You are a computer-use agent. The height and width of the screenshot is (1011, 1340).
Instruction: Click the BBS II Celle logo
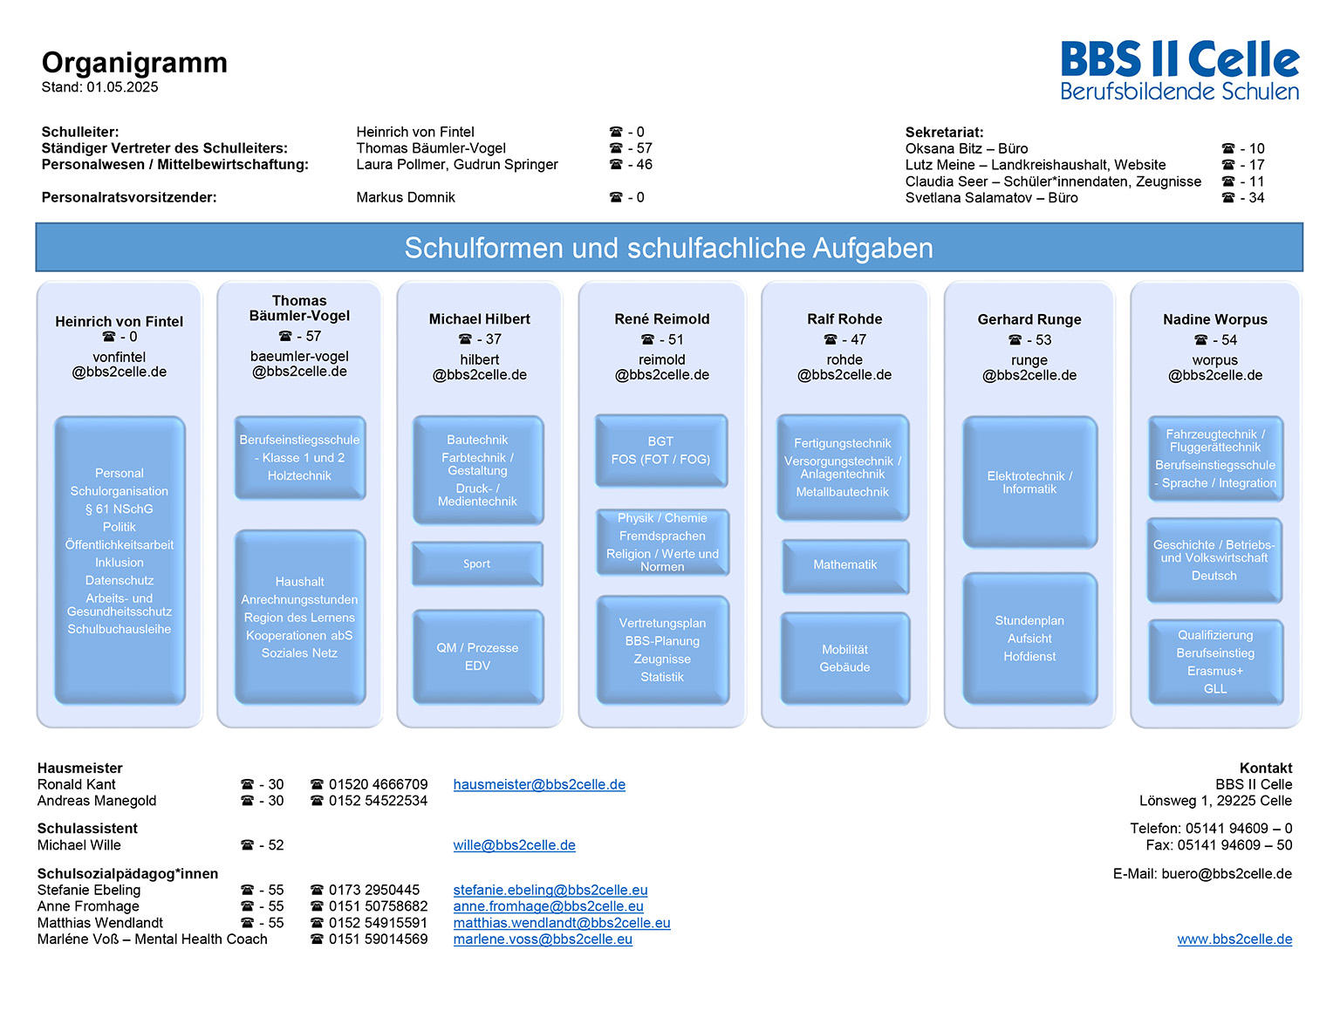[x=1179, y=70]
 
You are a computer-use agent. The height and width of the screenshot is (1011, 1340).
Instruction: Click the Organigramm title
[x=134, y=62]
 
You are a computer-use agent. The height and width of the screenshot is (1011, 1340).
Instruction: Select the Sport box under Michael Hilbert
[x=477, y=564]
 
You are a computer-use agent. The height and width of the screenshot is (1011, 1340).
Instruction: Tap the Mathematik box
[x=844, y=565]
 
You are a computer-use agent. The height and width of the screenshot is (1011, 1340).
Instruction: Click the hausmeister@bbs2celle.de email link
[x=539, y=784]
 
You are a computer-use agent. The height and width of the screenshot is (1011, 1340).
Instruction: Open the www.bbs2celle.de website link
[x=1234, y=939]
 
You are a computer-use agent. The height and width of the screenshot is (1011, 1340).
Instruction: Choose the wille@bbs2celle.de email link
[x=514, y=844]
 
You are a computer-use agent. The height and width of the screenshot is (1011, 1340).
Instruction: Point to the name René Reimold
[x=662, y=319]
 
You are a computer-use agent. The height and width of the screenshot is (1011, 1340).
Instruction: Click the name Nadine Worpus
[x=1215, y=320]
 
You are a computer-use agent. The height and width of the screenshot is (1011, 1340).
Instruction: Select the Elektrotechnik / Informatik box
[x=1029, y=482]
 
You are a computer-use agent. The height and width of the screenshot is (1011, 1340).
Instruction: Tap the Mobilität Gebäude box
[x=844, y=658]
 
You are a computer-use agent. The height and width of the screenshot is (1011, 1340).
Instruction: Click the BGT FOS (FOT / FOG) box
[x=661, y=450]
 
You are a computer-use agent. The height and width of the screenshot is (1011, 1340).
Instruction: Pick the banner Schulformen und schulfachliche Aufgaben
[x=668, y=247]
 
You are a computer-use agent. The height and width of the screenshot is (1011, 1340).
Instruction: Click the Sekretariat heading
[x=944, y=133]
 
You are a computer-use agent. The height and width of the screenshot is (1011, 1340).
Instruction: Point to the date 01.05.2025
[x=122, y=87]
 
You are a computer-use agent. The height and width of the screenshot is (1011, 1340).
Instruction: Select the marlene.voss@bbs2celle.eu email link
[x=543, y=939]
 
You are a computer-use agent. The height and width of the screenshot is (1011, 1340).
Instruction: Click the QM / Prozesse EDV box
[x=477, y=657]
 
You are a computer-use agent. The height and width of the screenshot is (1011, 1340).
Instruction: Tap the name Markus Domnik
[x=406, y=197]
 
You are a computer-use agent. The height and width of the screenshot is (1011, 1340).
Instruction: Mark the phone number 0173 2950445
[x=374, y=890]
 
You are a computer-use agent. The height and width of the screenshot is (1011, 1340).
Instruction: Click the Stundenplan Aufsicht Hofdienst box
[x=1029, y=639]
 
